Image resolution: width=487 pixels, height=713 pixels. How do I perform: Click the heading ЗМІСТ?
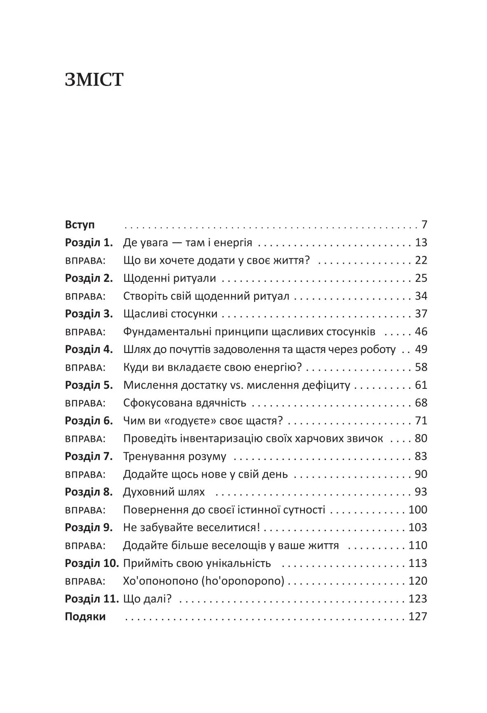tap(94, 80)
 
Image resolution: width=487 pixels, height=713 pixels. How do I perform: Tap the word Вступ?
tap(80, 225)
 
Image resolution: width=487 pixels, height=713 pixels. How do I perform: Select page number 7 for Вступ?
tap(424, 225)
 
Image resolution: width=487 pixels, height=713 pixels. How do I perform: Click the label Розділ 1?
tap(89, 243)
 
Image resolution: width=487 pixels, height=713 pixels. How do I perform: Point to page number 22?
tap(421, 260)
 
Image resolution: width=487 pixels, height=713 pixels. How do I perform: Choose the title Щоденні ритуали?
tap(169, 278)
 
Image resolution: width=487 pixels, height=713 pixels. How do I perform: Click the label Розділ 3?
tap(89, 314)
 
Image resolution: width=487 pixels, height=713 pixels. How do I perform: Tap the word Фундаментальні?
tap(171, 332)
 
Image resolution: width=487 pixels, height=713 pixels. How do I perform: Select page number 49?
tap(421, 350)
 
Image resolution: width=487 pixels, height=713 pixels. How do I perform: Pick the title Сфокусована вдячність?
tap(185, 403)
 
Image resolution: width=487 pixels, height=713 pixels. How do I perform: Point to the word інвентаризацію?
tap(220, 439)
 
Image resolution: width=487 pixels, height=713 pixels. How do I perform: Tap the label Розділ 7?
tap(89, 456)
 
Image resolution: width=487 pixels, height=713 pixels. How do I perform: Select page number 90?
tap(421, 474)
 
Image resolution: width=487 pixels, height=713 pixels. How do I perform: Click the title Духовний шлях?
tap(164, 492)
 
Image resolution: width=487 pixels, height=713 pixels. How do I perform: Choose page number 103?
tap(418, 527)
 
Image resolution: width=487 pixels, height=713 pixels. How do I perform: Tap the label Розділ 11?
tap(91, 599)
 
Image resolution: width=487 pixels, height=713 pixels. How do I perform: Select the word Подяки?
tap(85, 617)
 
